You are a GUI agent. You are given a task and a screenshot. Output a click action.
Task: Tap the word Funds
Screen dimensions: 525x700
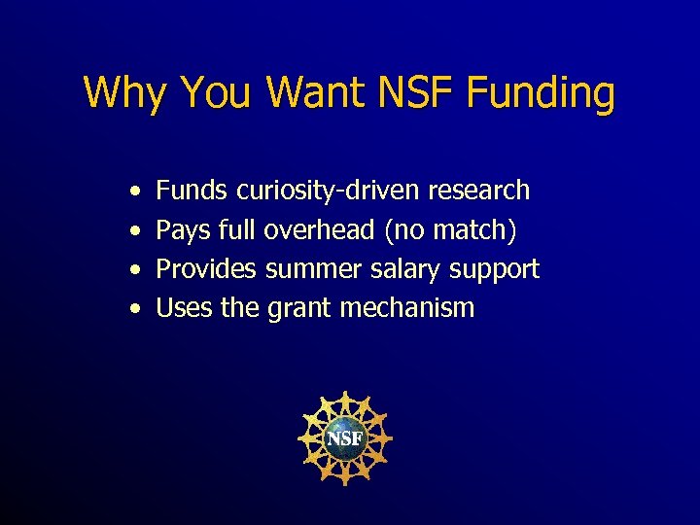pos(192,190)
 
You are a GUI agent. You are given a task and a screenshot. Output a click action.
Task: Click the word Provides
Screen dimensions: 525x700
pos(206,268)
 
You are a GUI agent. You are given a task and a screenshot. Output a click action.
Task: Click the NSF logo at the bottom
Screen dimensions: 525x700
pos(344,438)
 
